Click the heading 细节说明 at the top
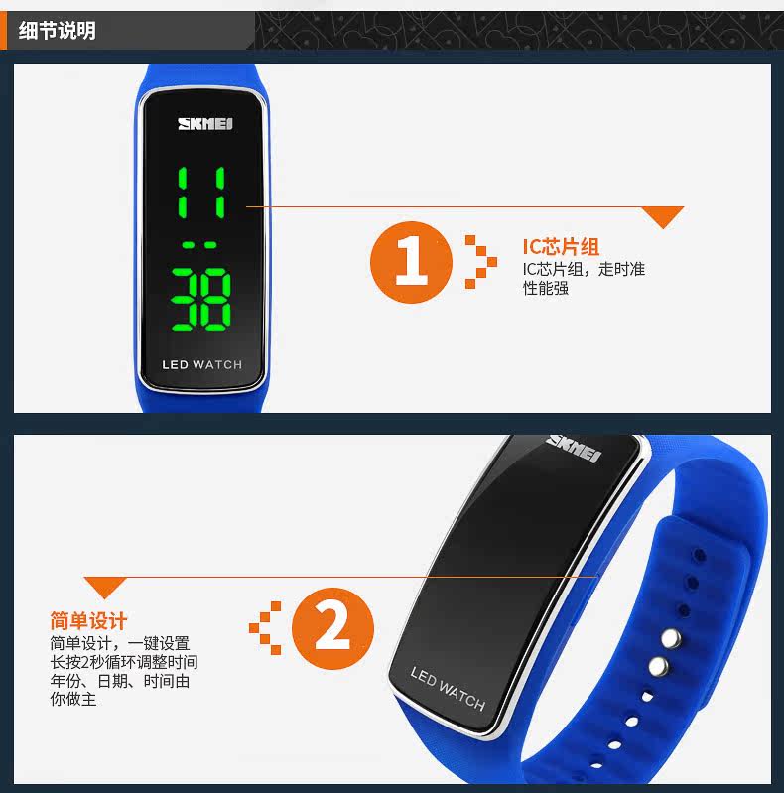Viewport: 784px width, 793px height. click(x=58, y=31)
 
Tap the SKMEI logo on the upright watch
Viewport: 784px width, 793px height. click(x=204, y=124)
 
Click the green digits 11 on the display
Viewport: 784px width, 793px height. click(x=201, y=193)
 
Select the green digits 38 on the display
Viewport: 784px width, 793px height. click(x=200, y=300)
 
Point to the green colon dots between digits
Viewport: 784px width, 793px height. click(x=199, y=245)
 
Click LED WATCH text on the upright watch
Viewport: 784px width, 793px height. click(x=201, y=365)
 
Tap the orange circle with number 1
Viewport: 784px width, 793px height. click(x=411, y=262)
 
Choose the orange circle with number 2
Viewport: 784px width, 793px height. click(x=332, y=628)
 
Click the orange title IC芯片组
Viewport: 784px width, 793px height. click(x=561, y=247)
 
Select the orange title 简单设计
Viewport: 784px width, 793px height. click(x=88, y=621)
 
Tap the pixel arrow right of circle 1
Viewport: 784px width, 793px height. click(x=481, y=262)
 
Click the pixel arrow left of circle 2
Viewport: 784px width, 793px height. click(x=265, y=628)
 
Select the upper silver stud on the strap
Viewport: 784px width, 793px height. click(x=671, y=639)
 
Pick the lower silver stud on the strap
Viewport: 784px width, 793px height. click(x=658, y=667)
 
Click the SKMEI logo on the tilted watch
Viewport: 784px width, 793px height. click(x=574, y=448)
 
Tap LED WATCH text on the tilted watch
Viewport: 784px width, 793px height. click(x=448, y=689)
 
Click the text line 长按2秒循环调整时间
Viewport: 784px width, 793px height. click(x=124, y=662)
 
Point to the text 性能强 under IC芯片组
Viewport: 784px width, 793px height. click(x=546, y=288)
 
